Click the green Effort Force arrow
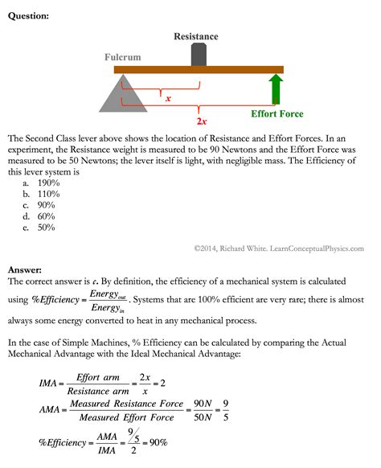click(276, 90)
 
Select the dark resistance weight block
click(198, 55)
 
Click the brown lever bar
click(201, 70)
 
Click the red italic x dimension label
click(167, 100)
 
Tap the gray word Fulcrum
click(122, 58)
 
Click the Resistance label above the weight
click(196, 36)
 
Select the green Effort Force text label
click(277, 114)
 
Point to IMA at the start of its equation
click(49, 384)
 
